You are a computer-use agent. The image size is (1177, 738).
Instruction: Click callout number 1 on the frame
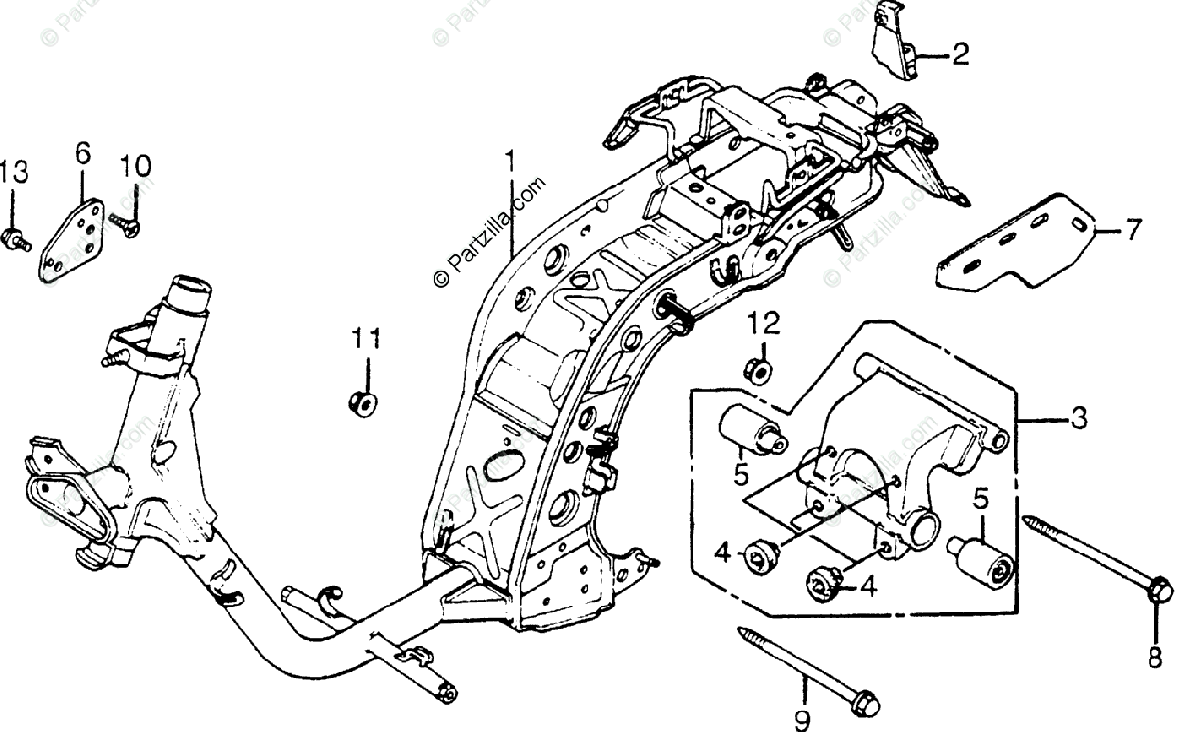point(509,160)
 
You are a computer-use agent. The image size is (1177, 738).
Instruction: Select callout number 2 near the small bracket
point(959,54)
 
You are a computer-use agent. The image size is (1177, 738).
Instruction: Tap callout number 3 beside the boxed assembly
point(1078,419)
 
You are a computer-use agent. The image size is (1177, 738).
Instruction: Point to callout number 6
point(81,153)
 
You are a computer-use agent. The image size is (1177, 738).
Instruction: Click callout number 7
point(1133,232)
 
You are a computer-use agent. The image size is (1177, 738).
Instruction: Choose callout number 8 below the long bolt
point(1154,658)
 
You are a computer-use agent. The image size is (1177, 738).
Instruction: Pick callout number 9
point(802,724)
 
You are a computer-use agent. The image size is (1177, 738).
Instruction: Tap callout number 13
point(14,173)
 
